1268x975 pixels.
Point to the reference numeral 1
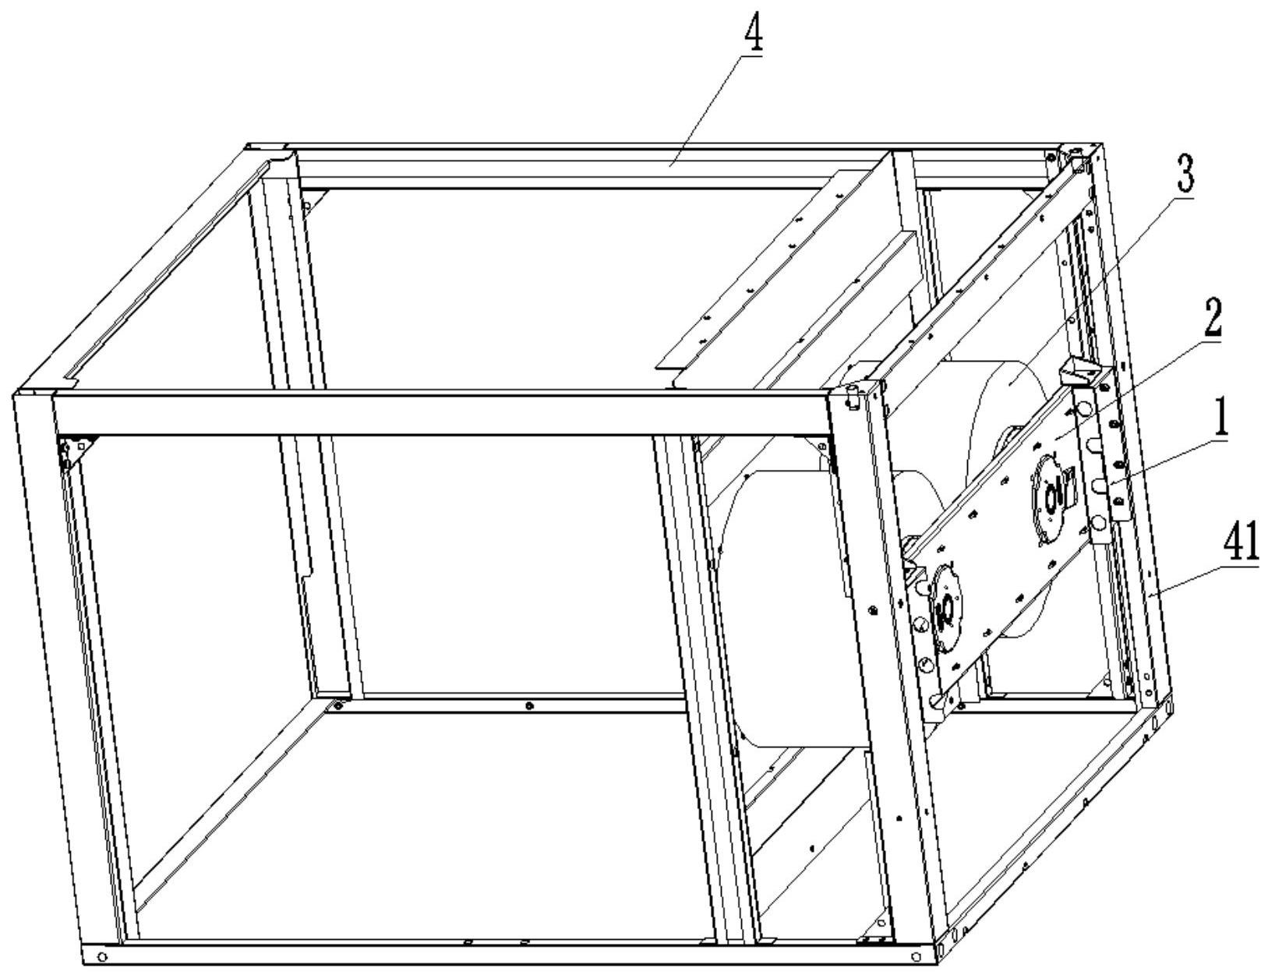tap(1220, 419)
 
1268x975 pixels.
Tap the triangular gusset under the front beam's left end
tap(75, 449)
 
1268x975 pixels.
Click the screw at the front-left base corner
tap(102, 956)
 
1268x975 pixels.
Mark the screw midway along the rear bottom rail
tap(530, 706)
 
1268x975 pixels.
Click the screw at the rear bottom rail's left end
tap(338, 705)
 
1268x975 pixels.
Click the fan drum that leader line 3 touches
tap(1005, 405)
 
